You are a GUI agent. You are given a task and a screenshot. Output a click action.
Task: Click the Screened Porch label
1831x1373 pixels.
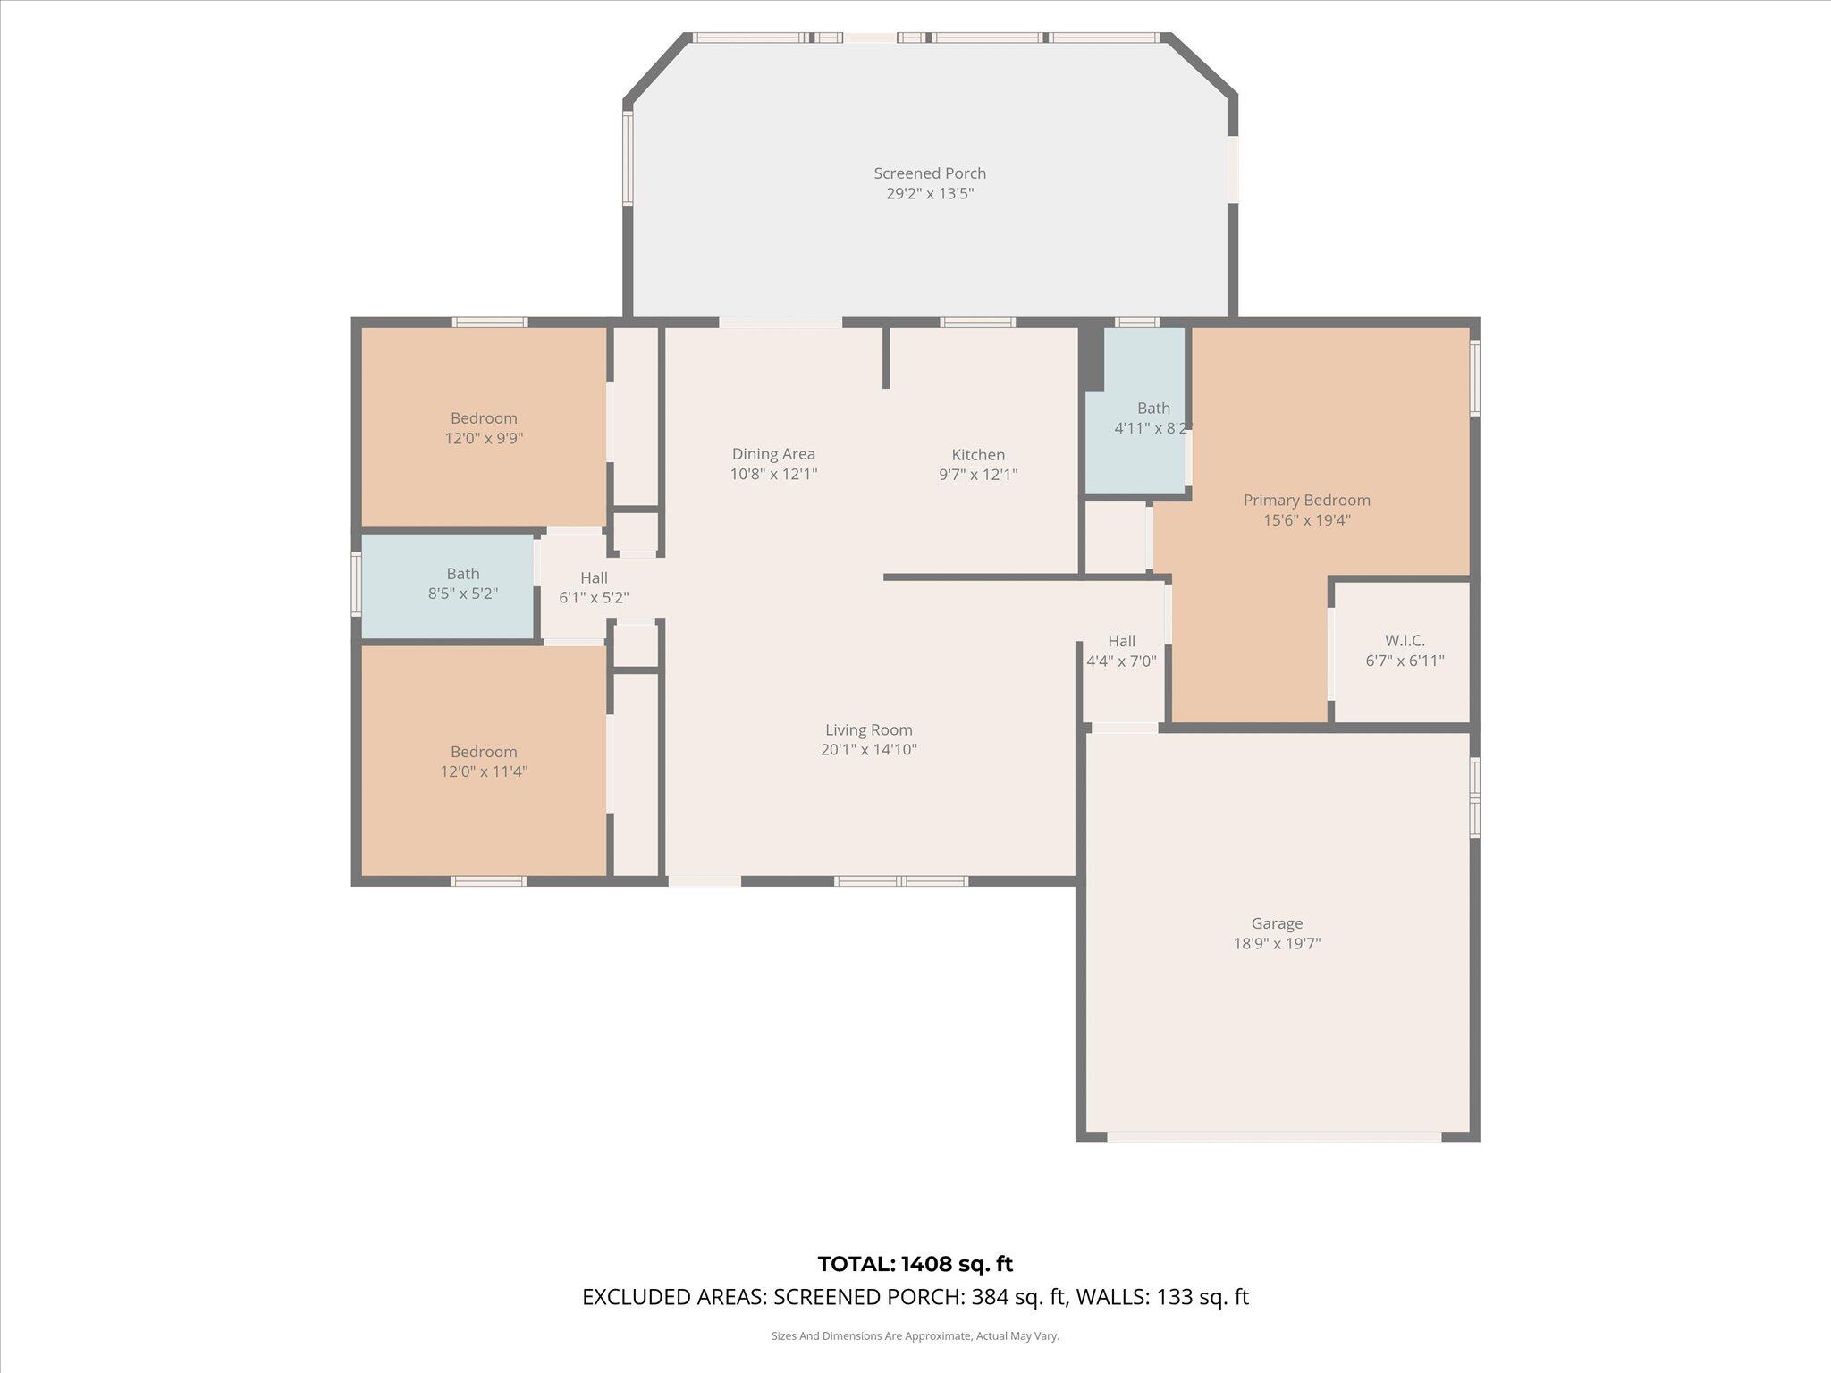(x=930, y=173)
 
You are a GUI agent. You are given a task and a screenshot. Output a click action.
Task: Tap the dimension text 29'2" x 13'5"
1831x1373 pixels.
(x=930, y=194)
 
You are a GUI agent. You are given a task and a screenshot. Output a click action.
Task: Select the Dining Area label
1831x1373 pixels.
(x=773, y=454)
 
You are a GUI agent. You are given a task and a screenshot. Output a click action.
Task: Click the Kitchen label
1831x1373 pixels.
(x=978, y=455)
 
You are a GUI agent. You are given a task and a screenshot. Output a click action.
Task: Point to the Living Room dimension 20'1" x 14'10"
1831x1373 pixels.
(x=868, y=750)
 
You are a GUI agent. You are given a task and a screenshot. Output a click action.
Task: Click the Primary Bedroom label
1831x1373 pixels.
(x=1306, y=501)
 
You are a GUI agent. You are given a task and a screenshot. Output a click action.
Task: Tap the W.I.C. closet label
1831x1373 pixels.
(x=1405, y=641)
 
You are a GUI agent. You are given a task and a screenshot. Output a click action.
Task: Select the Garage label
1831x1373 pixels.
(x=1277, y=923)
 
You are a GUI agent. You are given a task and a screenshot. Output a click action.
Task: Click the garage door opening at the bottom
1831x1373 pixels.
(x=1274, y=1137)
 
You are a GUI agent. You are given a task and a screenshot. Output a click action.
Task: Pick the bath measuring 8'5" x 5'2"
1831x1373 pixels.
(x=462, y=584)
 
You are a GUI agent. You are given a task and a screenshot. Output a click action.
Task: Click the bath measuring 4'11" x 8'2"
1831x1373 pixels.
(x=1152, y=418)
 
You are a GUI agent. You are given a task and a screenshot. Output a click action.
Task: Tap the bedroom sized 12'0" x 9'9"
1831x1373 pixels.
(x=484, y=428)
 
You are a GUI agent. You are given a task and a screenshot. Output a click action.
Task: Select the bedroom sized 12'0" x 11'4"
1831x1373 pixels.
(x=484, y=762)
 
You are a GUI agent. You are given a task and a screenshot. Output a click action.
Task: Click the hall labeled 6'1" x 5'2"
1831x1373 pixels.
(x=594, y=588)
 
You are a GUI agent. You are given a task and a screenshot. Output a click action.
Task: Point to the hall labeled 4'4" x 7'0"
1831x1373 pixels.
(x=1121, y=652)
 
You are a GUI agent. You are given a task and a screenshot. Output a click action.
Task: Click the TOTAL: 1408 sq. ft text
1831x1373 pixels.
(x=915, y=1264)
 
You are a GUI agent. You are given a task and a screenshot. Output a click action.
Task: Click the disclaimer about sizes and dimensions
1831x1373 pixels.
(x=915, y=1336)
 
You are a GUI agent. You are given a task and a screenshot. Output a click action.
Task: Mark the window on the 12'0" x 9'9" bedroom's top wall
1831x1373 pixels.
(x=489, y=323)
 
